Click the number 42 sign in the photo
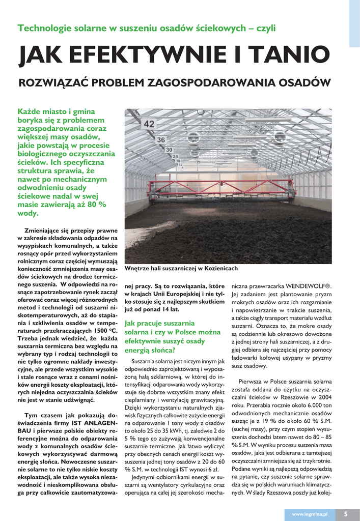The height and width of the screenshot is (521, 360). [x=149, y=124]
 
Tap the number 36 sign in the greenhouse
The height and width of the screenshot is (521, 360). [x=161, y=139]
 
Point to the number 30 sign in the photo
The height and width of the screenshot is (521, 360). [x=169, y=150]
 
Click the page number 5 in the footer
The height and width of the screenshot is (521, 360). [x=345, y=514]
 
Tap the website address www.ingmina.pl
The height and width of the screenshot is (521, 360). [x=310, y=514]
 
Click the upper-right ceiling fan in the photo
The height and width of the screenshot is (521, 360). [x=279, y=136]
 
